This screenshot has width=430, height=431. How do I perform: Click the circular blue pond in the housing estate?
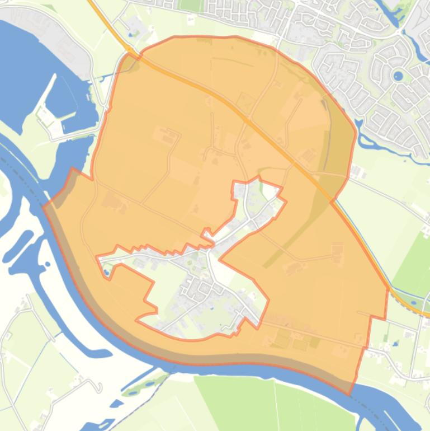point(398,76)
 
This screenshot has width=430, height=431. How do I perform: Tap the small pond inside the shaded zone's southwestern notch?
point(106,273)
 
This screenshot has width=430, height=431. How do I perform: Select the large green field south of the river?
point(268,403)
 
